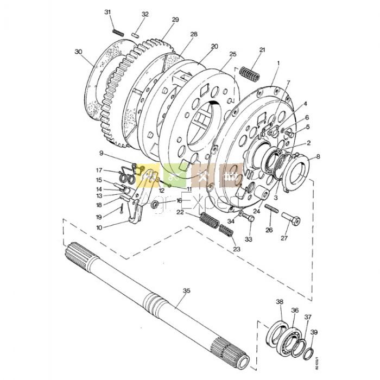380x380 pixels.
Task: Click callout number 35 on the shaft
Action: pos(186,291)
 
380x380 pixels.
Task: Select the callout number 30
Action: pos(79,52)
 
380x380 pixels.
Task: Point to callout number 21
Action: pos(263,50)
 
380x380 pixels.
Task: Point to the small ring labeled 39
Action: pos(309,353)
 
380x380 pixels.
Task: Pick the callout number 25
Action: pos(233,54)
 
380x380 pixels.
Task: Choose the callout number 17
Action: pos(99,170)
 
